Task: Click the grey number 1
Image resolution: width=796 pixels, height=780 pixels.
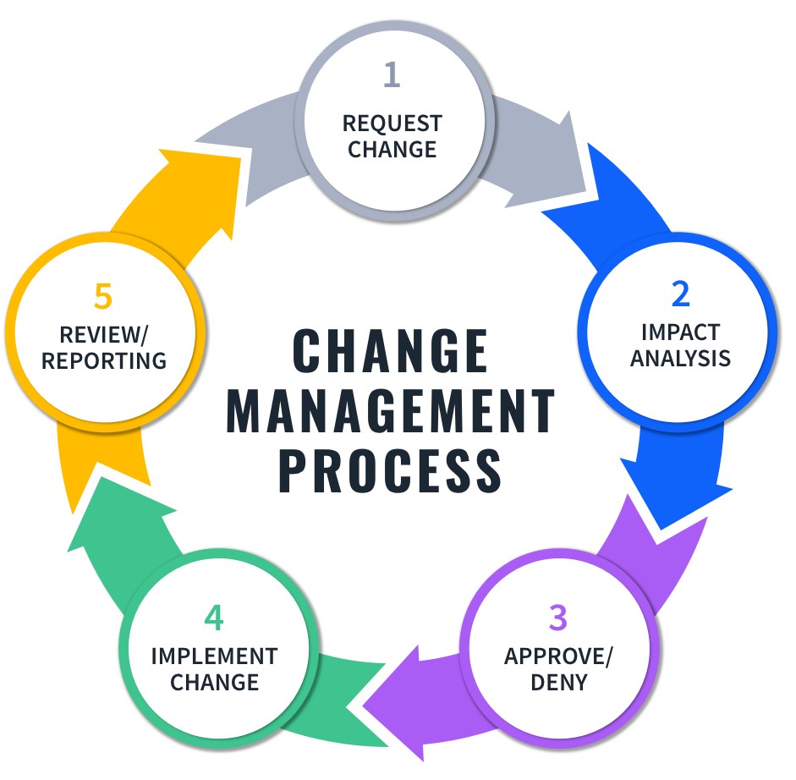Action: click(391, 75)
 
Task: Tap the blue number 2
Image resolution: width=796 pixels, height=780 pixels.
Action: click(680, 293)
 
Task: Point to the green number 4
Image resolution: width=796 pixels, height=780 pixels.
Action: click(213, 618)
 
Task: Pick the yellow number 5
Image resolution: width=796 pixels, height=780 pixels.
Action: click(103, 298)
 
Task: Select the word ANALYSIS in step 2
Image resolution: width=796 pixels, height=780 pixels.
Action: click(680, 358)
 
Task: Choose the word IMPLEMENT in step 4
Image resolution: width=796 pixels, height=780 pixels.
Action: click(214, 656)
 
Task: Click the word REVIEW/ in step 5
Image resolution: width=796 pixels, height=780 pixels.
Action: click(104, 334)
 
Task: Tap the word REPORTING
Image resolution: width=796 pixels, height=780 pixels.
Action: click(104, 360)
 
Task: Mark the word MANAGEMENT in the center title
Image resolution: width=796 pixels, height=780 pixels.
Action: click(391, 412)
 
